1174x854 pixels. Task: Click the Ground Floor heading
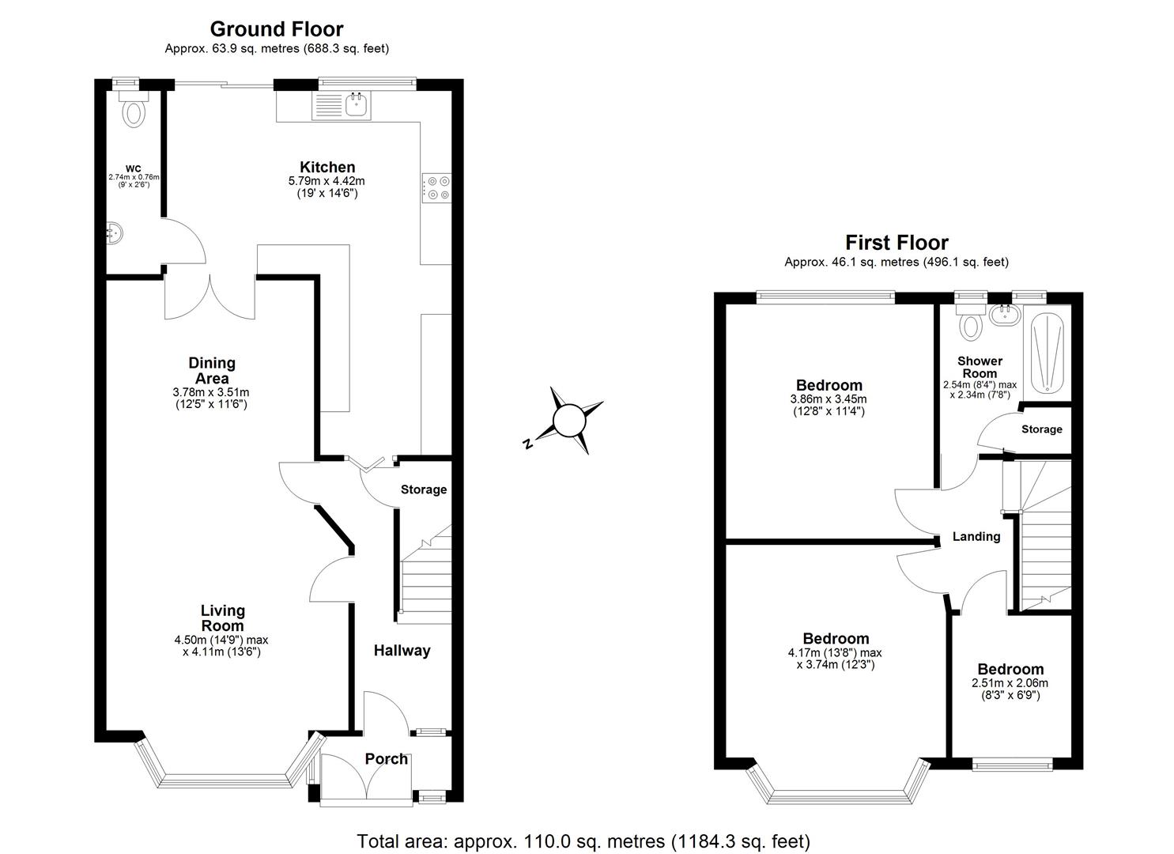tap(276, 29)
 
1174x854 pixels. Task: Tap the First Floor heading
tap(896, 243)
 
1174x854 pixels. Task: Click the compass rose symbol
tap(568, 420)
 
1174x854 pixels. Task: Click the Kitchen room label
tap(327, 167)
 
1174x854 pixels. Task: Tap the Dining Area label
tap(212, 370)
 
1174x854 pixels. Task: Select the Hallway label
tap(402, 651)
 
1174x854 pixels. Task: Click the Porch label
tap(386, 759)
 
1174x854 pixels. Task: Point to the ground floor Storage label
tap(424, 489)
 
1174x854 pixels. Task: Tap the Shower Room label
tap(980, 367)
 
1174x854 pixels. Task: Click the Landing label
tap(976, 536)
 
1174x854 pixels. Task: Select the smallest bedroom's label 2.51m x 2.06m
tap(1010, 683)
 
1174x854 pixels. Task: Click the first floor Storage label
tap(1041, 429)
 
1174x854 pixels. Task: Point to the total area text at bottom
tap(583, 841)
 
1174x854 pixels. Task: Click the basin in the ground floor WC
tap(114, 232)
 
